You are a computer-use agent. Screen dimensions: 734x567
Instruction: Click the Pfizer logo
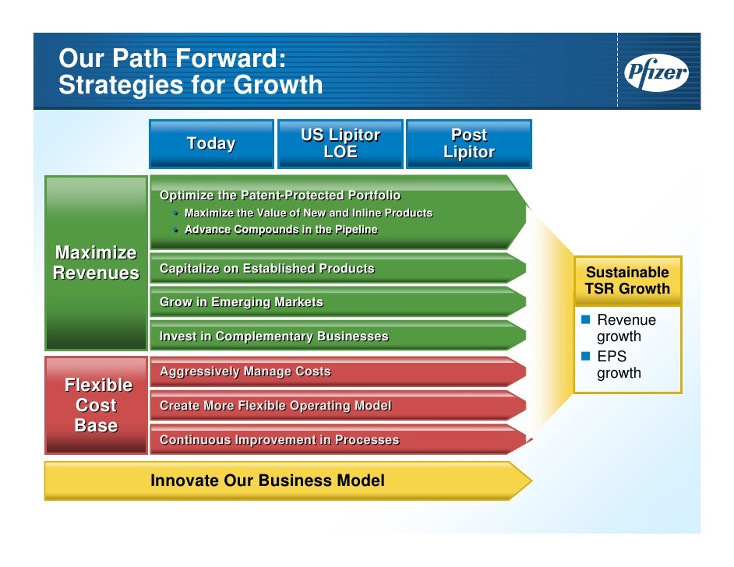[x=656, y=75]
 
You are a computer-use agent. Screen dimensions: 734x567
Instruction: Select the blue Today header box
[x=211, y=143]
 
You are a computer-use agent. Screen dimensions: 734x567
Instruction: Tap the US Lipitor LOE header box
[x=341, y=143]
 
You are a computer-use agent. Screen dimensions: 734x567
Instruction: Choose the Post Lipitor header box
[x=469, y=143]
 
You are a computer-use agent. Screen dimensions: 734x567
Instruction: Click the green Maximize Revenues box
[x=96, y=262]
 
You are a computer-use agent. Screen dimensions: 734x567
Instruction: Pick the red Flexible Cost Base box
[x=97, y=405]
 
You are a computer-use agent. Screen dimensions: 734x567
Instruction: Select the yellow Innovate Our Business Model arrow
[x=288, y=481]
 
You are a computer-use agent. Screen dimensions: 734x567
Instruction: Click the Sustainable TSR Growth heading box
[x=627, y=280]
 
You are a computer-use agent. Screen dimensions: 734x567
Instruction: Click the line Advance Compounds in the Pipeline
[x=281, y=230]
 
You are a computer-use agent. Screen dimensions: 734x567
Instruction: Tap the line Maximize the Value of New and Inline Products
[x=308, y=213]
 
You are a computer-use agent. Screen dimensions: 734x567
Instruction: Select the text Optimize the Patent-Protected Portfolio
[x=280, y=195]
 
